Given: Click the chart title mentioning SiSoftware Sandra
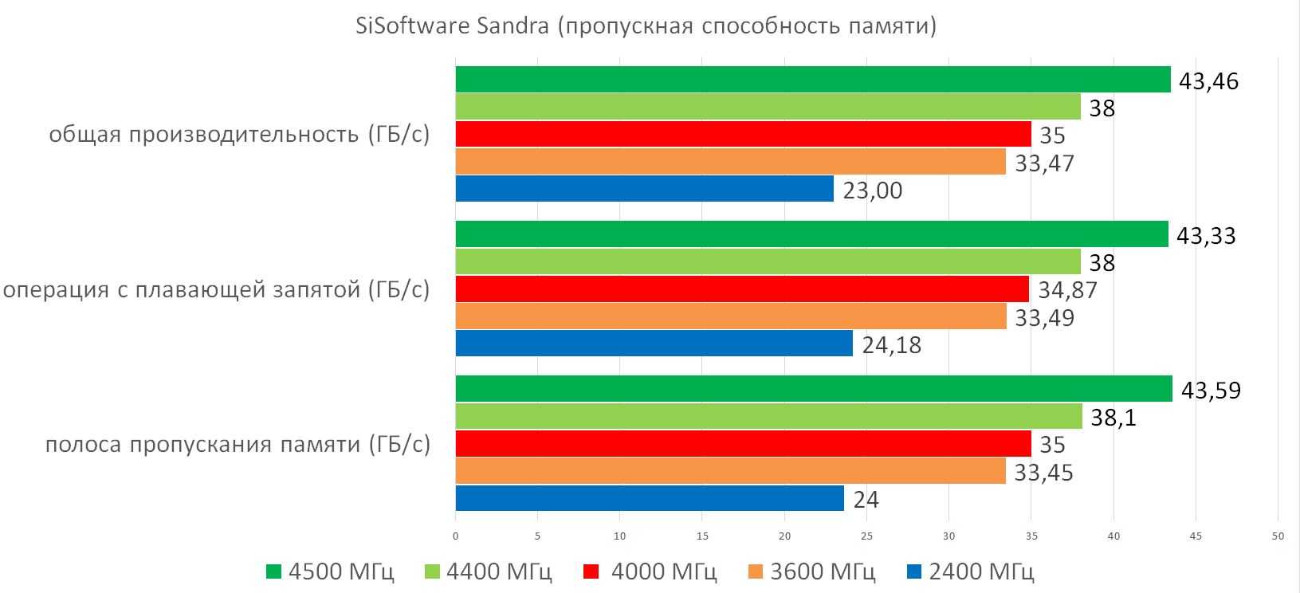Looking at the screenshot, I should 646,26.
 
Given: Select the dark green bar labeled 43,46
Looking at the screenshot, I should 813,80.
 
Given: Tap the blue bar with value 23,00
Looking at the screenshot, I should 644,189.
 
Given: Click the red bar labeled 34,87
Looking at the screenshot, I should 742,289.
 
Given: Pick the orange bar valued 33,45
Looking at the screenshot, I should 731,471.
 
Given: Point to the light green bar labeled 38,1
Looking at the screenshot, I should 768,416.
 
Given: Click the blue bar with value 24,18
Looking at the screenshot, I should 654,344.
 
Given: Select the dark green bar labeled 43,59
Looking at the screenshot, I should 814,389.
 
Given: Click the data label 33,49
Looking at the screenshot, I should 1044,318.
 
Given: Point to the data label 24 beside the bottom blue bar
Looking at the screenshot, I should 866,500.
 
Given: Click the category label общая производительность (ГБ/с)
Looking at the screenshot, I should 239,134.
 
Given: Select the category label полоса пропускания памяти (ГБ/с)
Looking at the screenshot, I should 238,444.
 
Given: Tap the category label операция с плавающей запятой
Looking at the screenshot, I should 217,290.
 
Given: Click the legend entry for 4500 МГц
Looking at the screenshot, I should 330,571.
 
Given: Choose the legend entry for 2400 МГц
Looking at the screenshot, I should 971,571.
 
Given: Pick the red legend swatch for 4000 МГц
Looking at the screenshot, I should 591,571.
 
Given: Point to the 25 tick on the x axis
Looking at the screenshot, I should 866,536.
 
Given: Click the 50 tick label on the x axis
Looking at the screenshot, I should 1277,536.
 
